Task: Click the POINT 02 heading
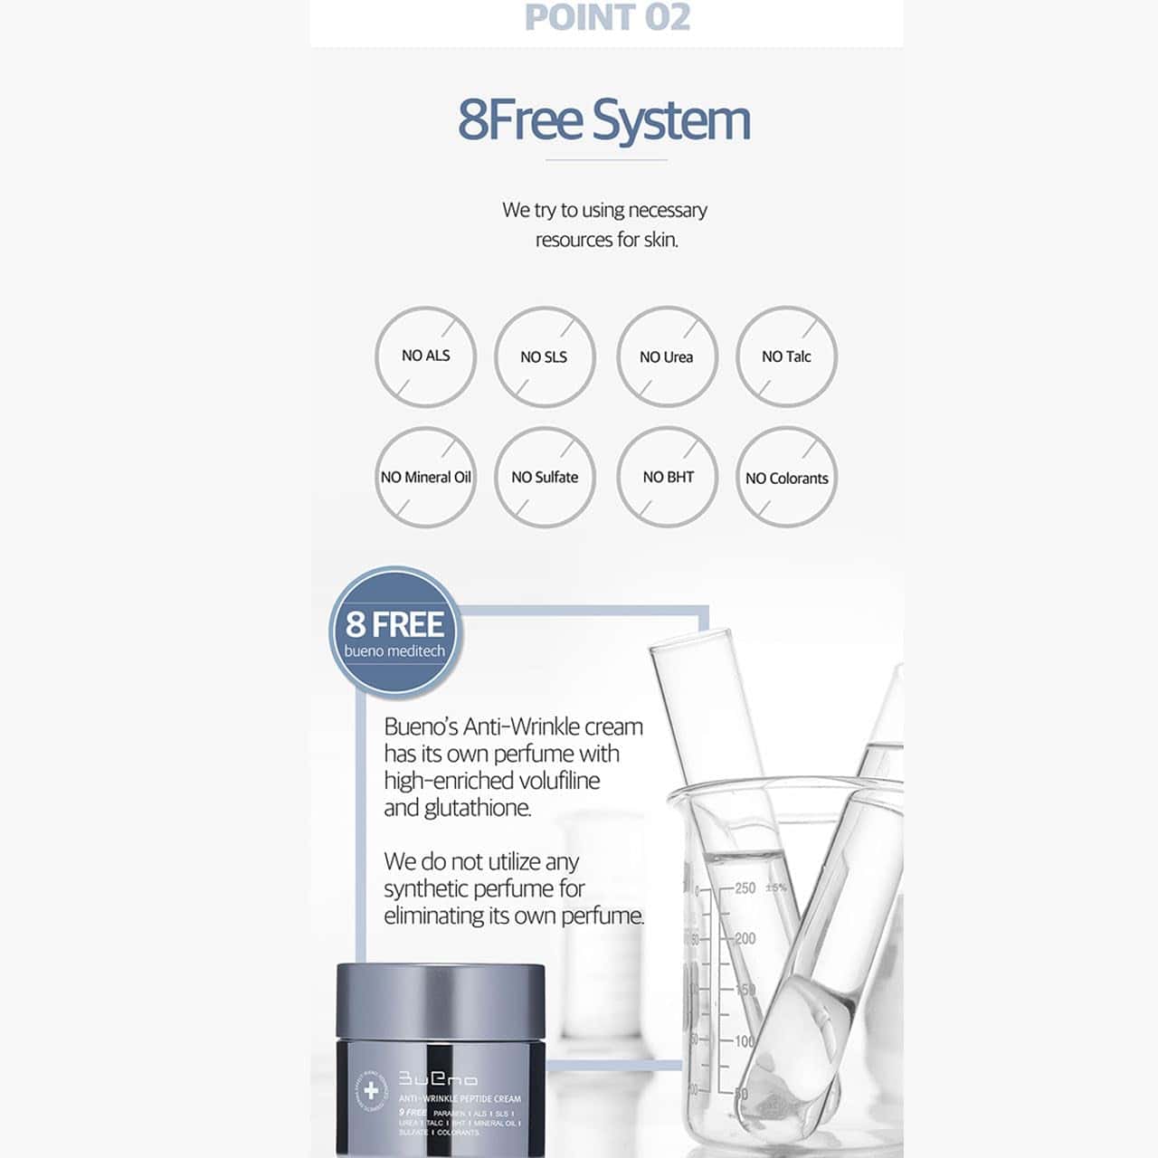coord(607,18)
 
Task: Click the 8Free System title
coord(604,120)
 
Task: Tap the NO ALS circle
coord(425,356)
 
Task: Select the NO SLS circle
coord(544,356)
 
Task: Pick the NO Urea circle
coord(667,356)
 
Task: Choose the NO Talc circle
coord(786,356)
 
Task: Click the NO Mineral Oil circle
coord(425,477)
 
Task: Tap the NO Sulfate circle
coord(544,477)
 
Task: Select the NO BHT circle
coord(668,477)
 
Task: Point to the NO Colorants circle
coord(786,478)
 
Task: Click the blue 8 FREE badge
coord(395,632)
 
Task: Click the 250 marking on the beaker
coord(745,888)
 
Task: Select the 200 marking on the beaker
coord(745,938)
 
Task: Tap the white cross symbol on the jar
coord(371,1091)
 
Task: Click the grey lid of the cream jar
coord(441,1001)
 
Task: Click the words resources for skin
coord(606,240)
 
